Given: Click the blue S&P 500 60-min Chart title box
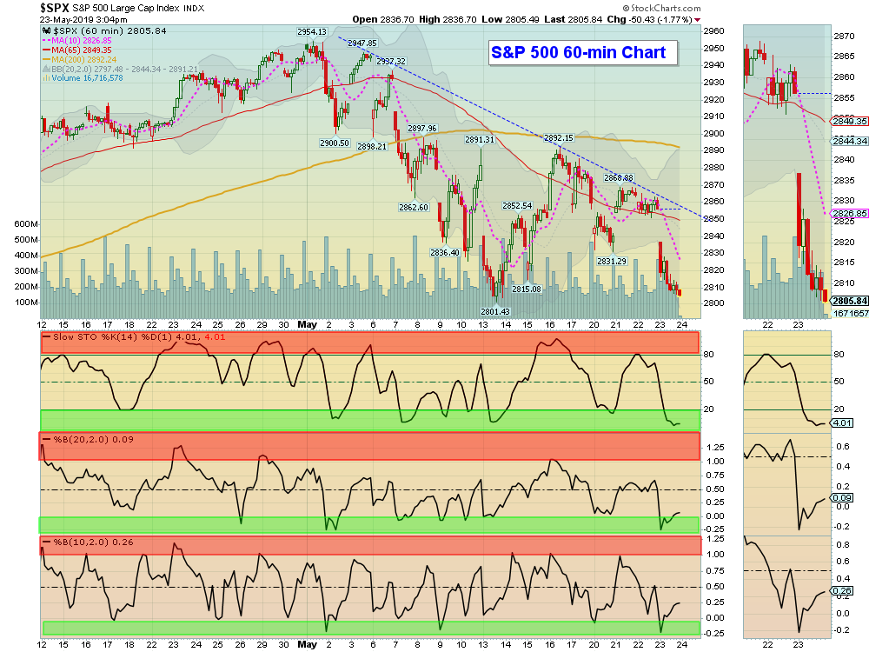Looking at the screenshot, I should (x=578, y=52).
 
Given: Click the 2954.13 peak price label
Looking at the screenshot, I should (x=311, y=32).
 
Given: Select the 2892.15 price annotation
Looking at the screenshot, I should (x=558, y=138).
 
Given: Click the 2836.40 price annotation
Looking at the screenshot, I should (x=445, y=252).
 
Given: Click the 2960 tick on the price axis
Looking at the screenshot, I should (x=713, y=30).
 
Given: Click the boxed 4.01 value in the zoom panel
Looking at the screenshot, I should (x=841, y=423).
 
